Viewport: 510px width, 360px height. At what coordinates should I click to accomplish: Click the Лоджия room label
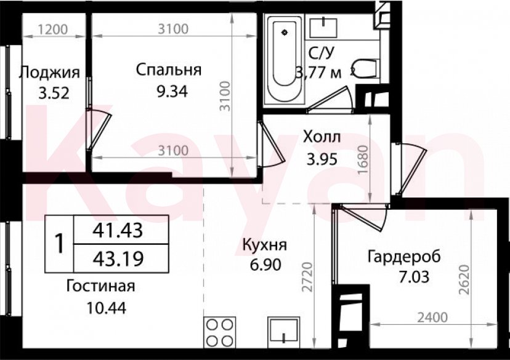pyautogui.click(x=49, y=73)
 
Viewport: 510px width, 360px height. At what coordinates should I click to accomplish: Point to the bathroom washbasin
pyautogui.click(x=323, y=27)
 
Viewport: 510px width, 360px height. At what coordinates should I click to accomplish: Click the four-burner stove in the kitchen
pyautogui.click(x=220, y=332)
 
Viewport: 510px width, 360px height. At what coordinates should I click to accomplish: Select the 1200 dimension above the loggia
pyautogui.click(x=52, y=29)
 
